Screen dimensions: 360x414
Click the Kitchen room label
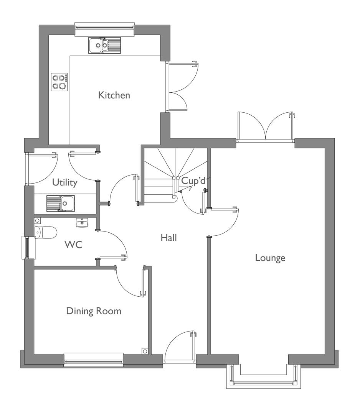[114, 95]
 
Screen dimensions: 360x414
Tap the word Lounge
[270, 258]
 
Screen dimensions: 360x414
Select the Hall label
[168, 238]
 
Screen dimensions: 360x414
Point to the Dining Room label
[94, 311]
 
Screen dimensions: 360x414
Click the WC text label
[73, 245]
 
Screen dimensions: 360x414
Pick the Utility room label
[65, 182]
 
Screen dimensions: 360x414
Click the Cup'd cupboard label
[193, 181]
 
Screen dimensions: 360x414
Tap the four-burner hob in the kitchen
[59, 82]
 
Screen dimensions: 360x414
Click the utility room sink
[61, 203]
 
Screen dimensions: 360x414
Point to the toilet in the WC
[46, 232]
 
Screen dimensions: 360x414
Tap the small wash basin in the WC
[82, 223]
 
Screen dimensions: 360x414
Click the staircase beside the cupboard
[175, 177]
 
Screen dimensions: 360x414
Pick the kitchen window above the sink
[105, 29]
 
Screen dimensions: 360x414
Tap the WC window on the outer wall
[28, 247]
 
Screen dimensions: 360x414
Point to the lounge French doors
[266, 127]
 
